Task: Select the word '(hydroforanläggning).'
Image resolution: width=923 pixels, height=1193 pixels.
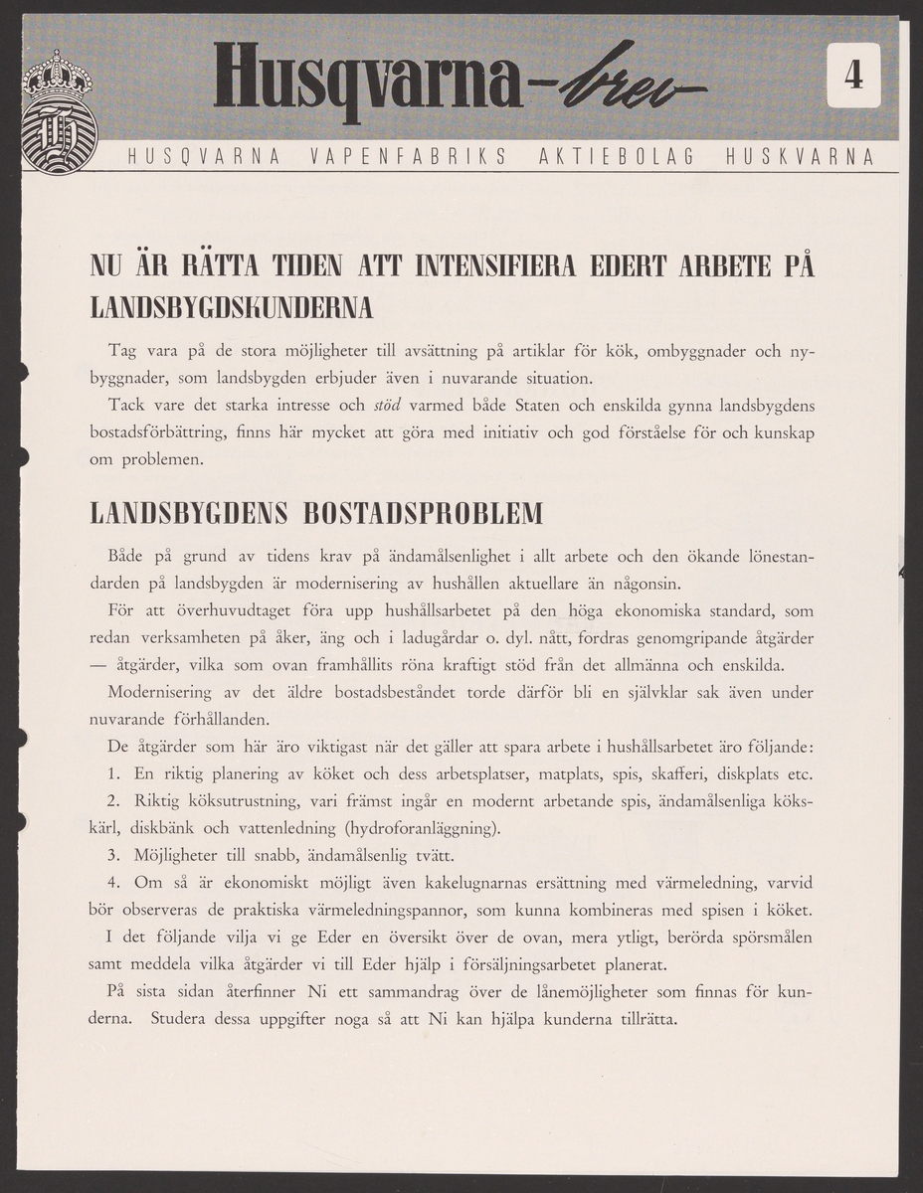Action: [x=423, y=828]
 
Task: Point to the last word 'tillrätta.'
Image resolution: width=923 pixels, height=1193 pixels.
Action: [x=642, y=1019]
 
